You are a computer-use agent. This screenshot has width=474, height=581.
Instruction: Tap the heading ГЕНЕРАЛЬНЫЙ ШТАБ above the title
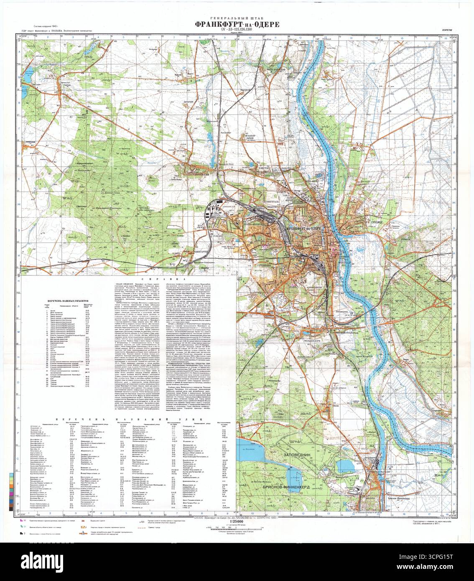pos(237,18)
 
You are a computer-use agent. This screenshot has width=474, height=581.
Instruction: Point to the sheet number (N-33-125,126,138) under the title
pos(237,30)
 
